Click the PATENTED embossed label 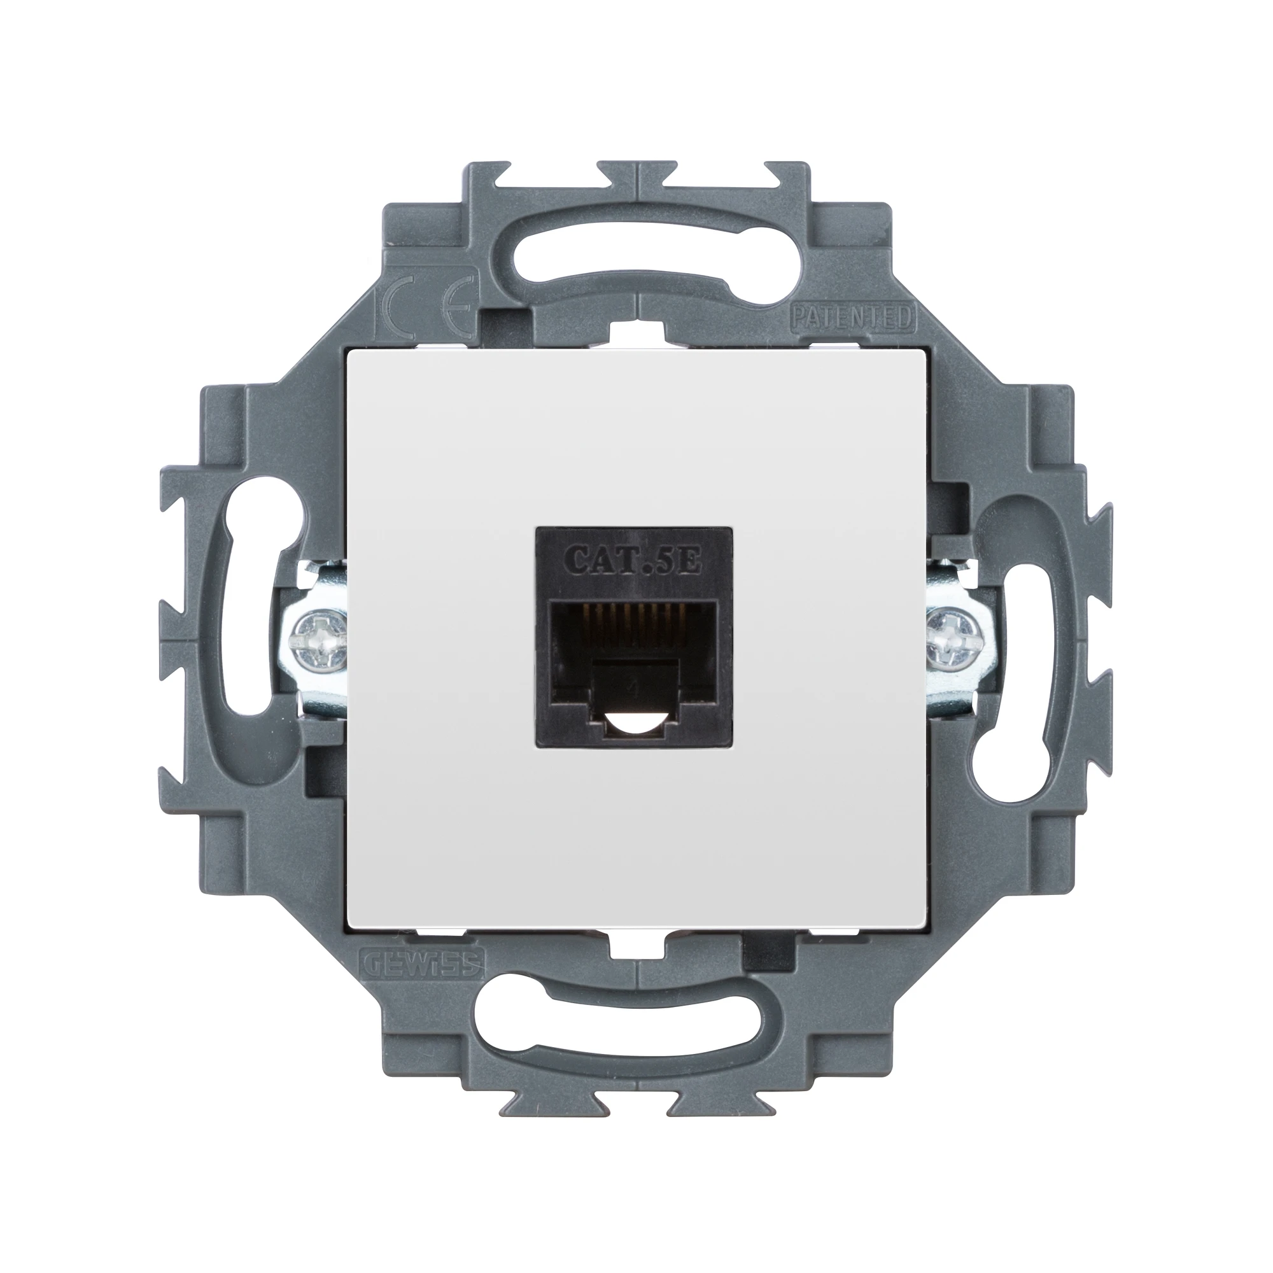click(x=850, y=318)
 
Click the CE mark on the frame click(x=422, y=307)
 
